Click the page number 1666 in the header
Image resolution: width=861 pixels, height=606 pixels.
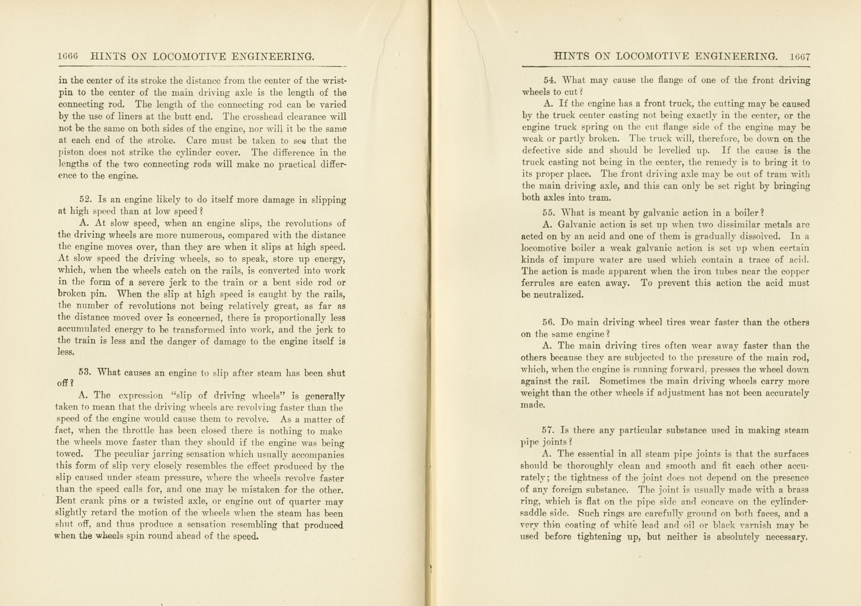click(68, 56)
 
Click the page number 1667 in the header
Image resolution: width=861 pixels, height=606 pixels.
click(800, 57)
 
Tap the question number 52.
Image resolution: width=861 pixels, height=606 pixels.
click(86, 199)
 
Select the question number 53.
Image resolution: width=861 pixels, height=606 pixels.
click(85, 372)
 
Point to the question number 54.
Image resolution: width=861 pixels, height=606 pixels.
click(549, 80)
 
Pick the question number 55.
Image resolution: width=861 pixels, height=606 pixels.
click(549, 213)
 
